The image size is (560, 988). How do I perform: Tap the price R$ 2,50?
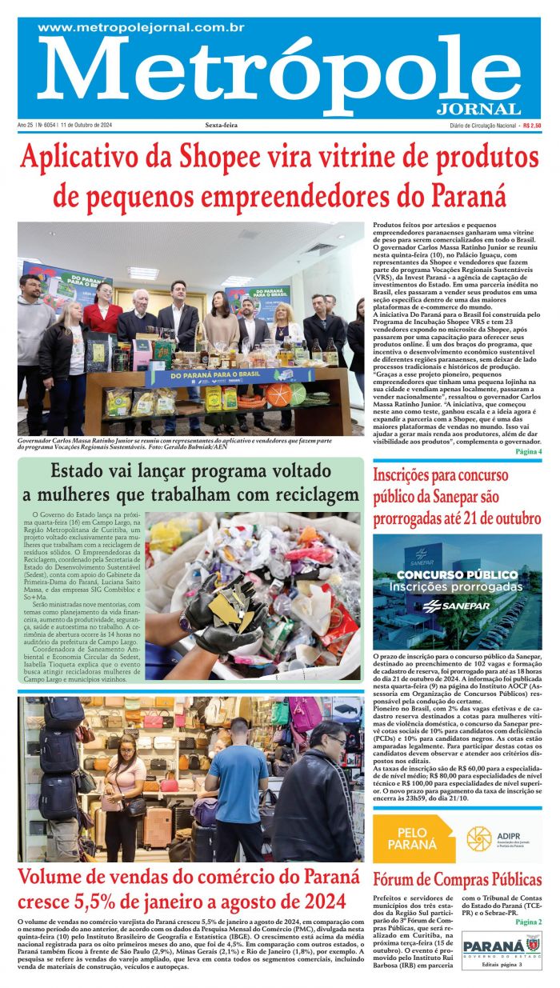531,126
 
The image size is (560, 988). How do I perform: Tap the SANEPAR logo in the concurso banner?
447,605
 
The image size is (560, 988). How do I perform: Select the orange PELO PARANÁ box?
412,838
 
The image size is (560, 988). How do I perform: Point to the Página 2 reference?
528,922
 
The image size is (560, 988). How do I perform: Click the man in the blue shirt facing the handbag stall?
237,788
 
